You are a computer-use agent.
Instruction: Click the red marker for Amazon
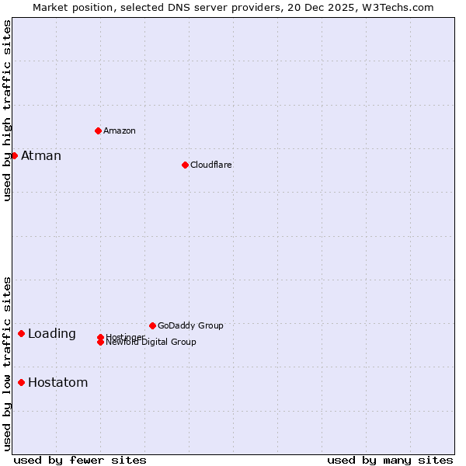tap(98, 130)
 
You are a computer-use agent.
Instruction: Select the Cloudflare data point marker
tap(185, 165)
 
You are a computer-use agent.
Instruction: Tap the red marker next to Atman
tap(14, 155)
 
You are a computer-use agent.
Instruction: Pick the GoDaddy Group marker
tap(152, 325)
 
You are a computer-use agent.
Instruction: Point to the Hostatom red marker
tap(21, 382)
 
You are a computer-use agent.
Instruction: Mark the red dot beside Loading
tap(21, 333)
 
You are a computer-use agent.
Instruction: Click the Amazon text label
tap(120, 130)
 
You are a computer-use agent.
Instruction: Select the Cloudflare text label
tap(211, 165)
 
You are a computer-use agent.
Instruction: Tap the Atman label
tap(41, 156)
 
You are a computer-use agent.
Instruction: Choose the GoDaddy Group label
tap(190, 325)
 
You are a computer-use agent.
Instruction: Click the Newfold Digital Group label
tap(151, 343)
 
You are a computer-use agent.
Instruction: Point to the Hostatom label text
tap(58, 383)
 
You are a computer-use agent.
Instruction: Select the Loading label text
tap(52, 334)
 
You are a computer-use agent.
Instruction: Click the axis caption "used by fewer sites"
tap(80, 460)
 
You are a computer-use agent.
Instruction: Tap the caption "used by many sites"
tap(390, 460)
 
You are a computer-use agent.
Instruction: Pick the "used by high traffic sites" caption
tap(7, 110)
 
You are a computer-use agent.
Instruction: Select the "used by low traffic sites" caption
tap(7, 363)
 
